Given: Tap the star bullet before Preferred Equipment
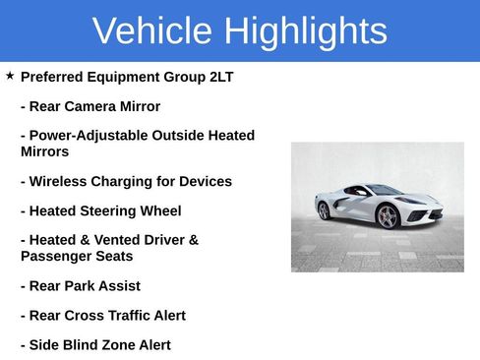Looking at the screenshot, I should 10,76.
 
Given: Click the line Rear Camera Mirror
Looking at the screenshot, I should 90,106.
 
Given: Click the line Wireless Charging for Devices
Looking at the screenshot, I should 126,181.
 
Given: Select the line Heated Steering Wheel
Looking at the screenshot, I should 100,210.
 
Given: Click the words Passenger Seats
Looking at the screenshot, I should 78,256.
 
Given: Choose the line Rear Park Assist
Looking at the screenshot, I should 81,286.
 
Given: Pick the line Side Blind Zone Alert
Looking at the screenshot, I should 95,345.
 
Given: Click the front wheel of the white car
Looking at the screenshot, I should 388,216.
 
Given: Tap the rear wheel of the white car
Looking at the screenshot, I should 324,210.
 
